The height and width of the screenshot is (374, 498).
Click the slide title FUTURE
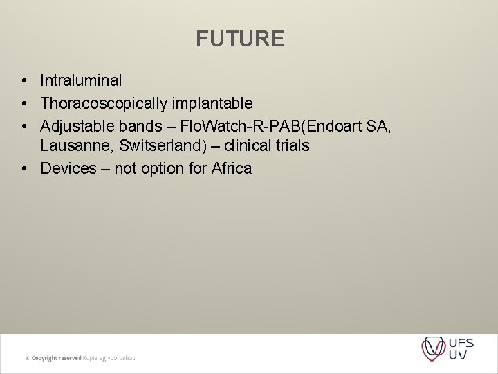coord(239,39)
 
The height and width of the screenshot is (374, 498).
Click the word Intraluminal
coord(81,81)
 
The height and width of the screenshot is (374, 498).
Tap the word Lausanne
coord(73,146)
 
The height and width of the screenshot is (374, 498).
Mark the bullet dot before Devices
coord(24,169)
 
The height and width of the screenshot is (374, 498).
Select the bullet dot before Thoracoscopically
coord(24,104)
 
